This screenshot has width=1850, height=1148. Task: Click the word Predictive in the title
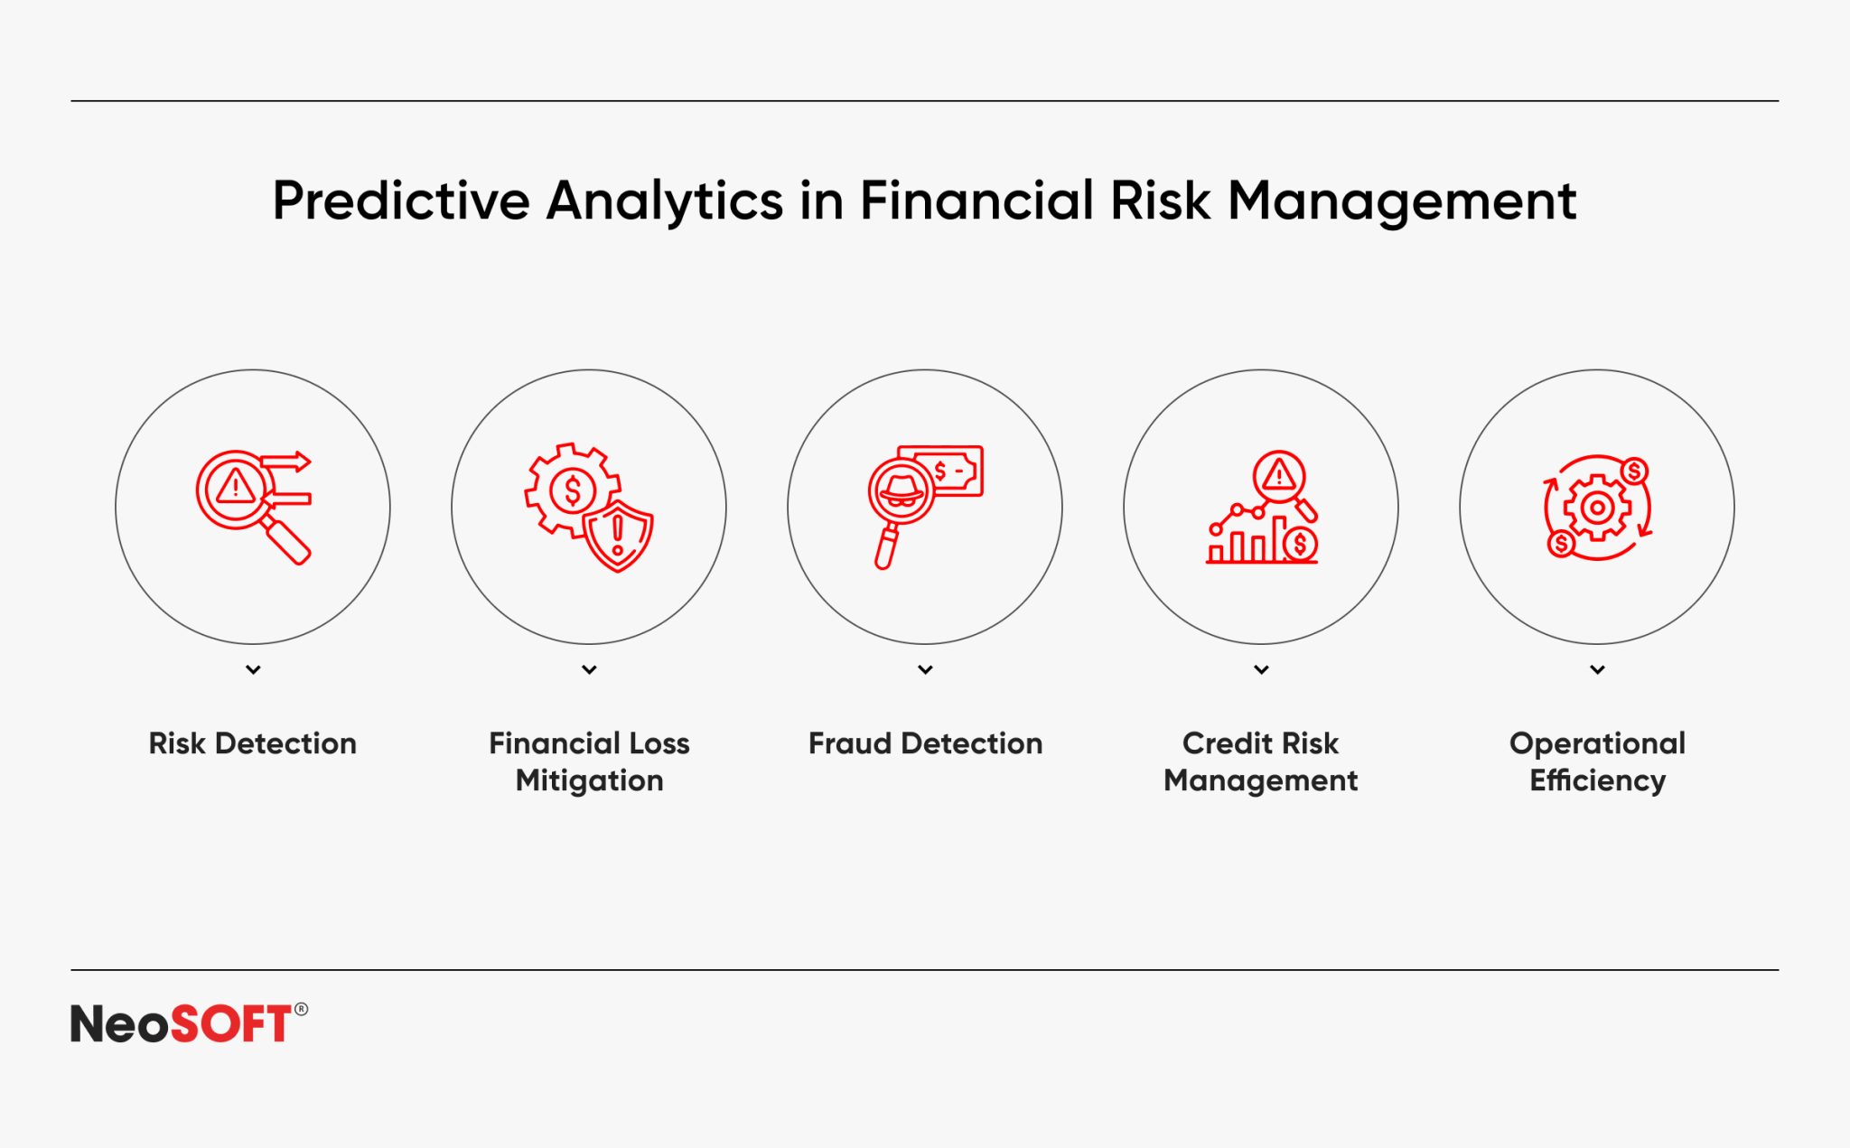pos(401,201)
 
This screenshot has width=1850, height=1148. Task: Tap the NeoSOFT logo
pos(181,1024)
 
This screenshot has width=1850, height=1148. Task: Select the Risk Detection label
pos(253,743)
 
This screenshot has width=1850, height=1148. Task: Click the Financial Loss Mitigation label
pos(589,761)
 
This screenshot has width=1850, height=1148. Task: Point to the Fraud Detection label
pos(925,743)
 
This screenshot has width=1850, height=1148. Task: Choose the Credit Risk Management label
pos(1261,761)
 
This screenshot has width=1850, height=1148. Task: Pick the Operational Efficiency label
pos(1597,761)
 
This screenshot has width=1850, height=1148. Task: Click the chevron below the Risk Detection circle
pos(253,669)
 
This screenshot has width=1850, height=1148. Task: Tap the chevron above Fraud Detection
pos(925,669)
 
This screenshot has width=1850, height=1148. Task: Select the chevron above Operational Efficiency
pos(1597,669)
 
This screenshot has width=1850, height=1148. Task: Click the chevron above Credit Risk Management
pos(1261,669)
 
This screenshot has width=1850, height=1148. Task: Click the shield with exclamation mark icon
pos(619,537)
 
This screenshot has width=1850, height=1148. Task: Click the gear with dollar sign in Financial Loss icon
pos(571,490)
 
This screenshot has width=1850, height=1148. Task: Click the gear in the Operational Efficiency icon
pos(1597,508)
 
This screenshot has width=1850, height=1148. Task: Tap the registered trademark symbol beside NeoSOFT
pos(301,1009)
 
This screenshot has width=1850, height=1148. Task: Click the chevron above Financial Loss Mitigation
pos(589,669)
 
